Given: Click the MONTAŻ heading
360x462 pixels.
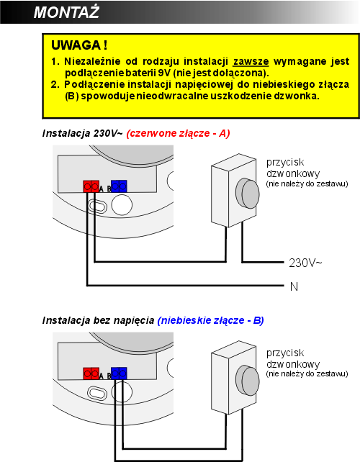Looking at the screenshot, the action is point(66,12).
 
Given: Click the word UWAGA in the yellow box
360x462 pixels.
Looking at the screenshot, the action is point(76,45).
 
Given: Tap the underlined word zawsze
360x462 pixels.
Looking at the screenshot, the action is point(251,62).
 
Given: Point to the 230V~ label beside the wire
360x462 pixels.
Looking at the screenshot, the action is point(305,263).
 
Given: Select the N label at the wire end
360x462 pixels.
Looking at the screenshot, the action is point(294,286).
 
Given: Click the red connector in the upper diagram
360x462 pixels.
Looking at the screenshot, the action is point(91,186).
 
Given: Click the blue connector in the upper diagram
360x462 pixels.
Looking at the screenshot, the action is point(119,186).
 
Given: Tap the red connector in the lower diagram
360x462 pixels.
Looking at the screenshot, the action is point(91,373).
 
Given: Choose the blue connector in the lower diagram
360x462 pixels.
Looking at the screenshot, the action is point(119,373).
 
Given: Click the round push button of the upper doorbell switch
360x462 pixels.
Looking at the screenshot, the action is point(248,194).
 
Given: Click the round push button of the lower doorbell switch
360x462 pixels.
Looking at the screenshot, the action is point(248,381).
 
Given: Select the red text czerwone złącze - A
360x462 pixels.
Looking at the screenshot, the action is point(178,133).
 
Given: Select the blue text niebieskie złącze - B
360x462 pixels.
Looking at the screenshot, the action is point(210,320).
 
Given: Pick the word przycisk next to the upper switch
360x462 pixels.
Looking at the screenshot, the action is point(285,163).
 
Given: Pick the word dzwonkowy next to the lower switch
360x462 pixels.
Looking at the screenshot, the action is point(293,364).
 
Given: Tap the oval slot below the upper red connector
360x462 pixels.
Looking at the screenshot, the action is point(98,205).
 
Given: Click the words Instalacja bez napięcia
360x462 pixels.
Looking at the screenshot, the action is point(98,320).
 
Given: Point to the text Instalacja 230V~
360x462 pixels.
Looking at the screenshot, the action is point(82,133).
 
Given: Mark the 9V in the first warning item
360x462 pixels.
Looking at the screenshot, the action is point(164,73).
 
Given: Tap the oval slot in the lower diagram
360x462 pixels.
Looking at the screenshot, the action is point(96,393).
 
